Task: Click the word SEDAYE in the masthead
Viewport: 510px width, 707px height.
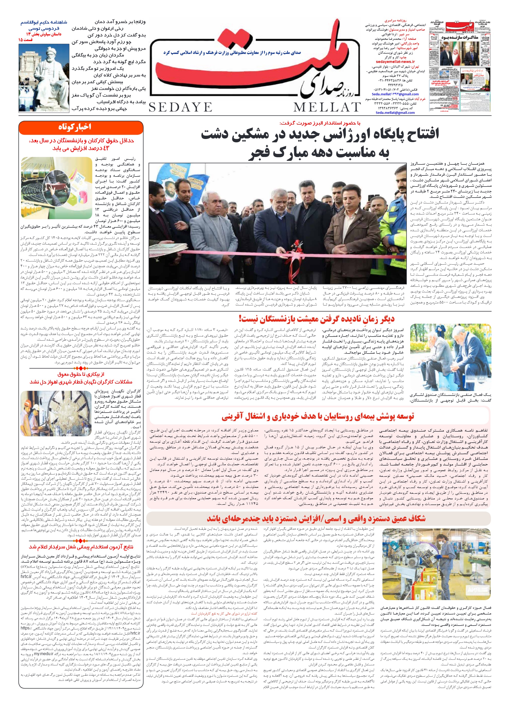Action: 180,107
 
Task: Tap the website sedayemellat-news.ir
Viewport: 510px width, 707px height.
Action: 395,62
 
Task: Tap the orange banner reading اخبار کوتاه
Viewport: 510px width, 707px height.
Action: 81,127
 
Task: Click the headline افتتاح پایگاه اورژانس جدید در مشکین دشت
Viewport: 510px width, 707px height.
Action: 320,134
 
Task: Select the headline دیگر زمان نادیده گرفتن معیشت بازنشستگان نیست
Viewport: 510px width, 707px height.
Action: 317,319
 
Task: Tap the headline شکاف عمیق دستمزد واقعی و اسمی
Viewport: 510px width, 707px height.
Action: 316,519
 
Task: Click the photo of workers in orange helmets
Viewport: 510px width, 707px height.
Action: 56,413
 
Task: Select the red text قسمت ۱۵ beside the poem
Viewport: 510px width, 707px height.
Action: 25,40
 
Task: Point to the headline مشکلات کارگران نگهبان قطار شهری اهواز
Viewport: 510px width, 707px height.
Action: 81,382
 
